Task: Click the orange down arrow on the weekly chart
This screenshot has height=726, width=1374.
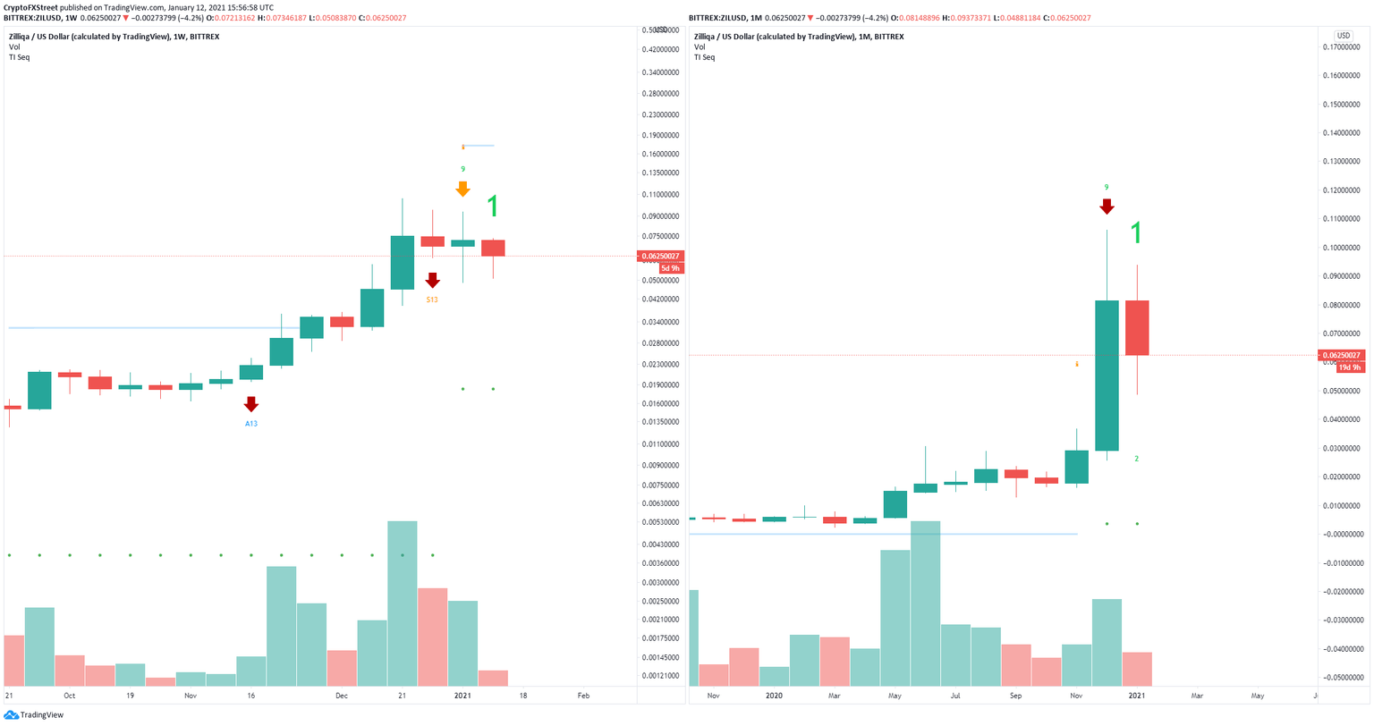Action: (462, 189)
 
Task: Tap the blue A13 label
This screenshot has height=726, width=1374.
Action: (251, 423)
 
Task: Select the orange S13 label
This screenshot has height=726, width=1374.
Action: (432, 300)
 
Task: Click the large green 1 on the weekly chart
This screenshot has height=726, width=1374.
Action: (492, 207)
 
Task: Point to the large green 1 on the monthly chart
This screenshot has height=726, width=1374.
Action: (1136, 234)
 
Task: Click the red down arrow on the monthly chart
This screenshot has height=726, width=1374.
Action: (1107, 206)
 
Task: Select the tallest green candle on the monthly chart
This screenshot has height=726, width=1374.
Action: (1107, 375)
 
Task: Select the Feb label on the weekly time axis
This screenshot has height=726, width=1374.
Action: (583, 695)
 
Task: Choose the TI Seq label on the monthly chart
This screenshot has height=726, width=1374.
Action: (704, 57)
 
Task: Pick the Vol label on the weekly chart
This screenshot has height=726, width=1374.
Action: (14, 46)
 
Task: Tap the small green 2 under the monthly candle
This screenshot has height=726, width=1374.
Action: (1136, 459)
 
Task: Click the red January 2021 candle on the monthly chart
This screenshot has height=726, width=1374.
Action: (1137, 328)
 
